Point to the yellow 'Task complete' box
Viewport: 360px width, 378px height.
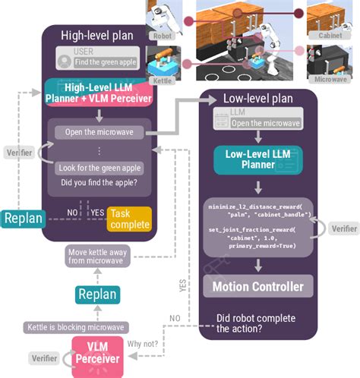pos(129,219)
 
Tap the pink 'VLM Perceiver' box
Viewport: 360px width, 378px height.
pos(96,355)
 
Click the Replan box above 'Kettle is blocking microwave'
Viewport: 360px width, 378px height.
pos(97,294)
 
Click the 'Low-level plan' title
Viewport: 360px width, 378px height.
pos(257,99)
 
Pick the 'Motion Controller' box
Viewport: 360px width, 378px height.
pos(257,287)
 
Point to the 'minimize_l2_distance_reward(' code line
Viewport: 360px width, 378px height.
pos(257,206)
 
